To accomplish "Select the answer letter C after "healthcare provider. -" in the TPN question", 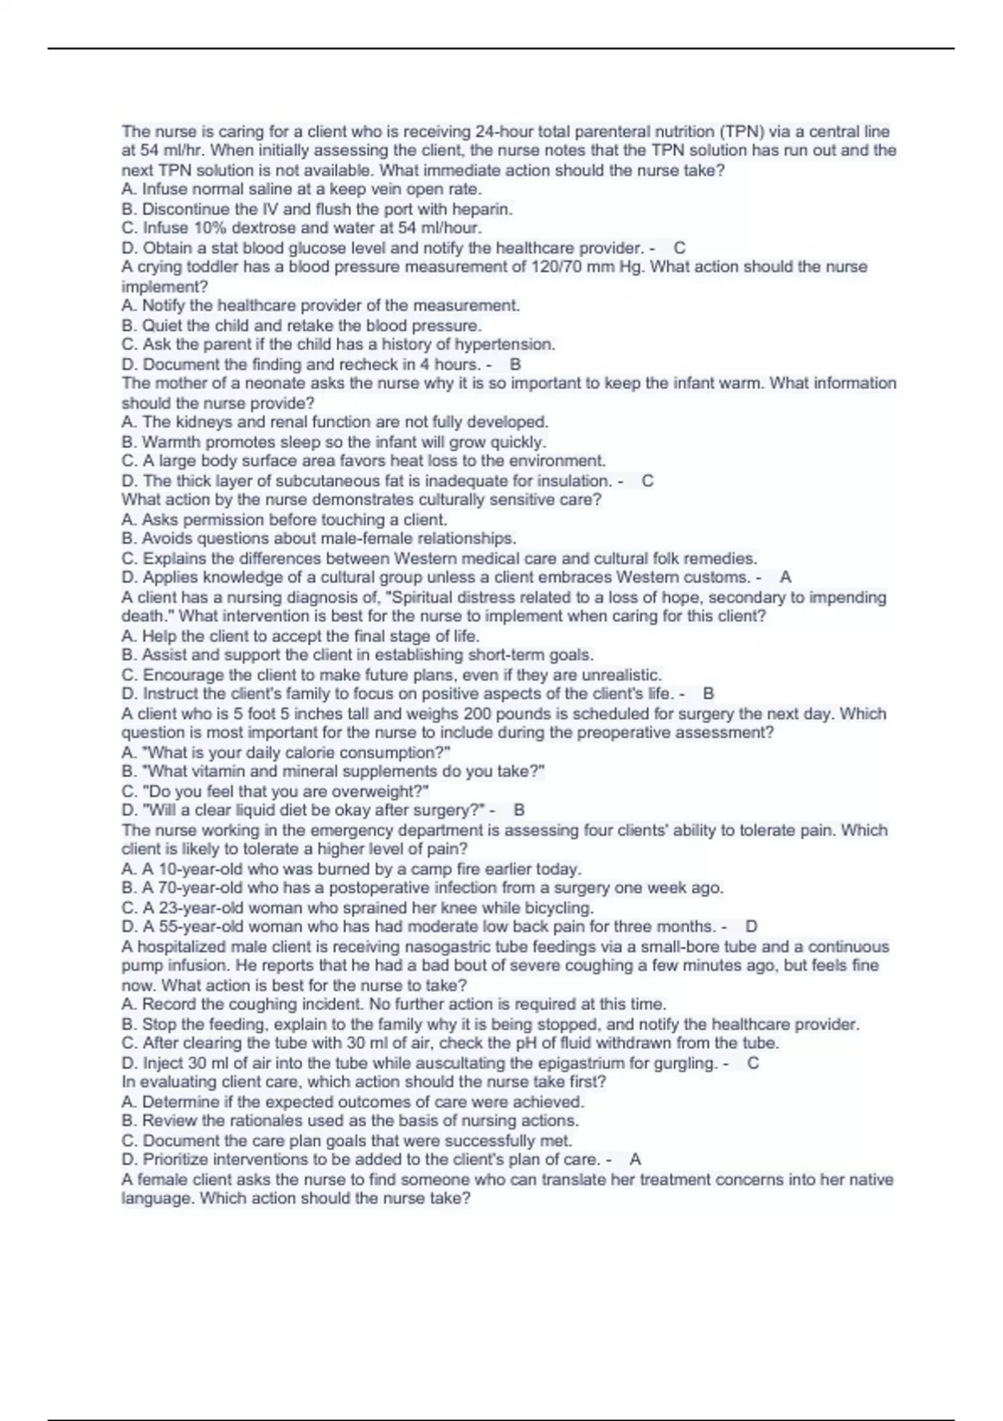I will pyautogui.click(x=680, y=247).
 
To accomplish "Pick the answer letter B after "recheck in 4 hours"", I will pyautogui.click(x=515, y=364).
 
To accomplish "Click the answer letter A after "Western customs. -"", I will pyautogui.click(x=786, y=577).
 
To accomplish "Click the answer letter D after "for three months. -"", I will pyautogui.click(x=751, y=926).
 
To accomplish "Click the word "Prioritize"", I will pyautogui.click(x=180, y=1159).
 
